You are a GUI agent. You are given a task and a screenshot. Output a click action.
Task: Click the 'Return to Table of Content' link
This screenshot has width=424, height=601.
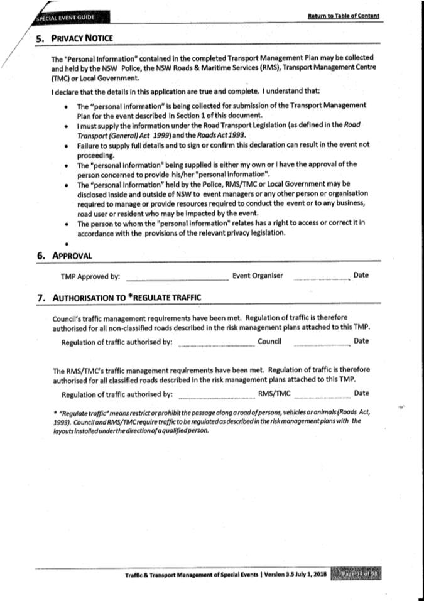[x=344, y=14]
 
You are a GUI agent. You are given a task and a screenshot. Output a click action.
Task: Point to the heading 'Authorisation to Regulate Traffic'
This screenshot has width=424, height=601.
[x=127, y=297]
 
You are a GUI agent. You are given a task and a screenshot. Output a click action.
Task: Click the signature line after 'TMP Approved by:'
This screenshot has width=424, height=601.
[x=177, y=277]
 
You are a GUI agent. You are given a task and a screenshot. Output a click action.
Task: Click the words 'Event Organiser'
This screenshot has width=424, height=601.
[x=258, y=276]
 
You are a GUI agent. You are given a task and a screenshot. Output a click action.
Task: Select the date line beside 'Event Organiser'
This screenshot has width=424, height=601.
[x=322, y=277]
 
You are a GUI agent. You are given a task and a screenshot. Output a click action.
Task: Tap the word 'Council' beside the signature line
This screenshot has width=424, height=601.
[x=269, y=342]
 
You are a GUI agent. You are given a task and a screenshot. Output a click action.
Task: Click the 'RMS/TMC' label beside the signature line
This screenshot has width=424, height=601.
[x=275, y=394]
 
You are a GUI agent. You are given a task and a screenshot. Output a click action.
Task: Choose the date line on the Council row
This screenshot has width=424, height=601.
[x=322, y=343]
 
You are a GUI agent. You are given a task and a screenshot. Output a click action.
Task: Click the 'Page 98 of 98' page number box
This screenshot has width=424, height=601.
[x=361, y=573]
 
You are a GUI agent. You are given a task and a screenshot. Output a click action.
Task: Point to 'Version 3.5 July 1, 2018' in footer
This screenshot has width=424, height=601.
[x=295, y=574]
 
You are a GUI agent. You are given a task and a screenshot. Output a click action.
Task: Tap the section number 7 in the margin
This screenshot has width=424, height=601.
[x=41, y=297]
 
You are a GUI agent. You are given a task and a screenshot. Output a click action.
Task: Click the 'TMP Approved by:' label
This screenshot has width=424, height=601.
[x=90, y=276]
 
